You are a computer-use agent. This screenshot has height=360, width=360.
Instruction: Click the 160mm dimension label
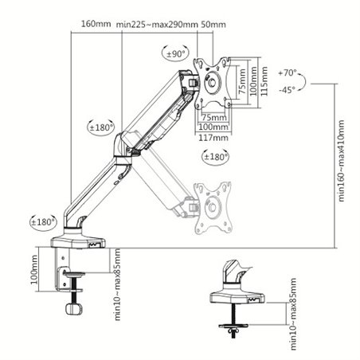[96, 23]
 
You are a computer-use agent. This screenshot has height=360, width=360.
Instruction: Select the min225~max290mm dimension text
[157, 23]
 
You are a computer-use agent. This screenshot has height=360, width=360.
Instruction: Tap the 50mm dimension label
[213, 23]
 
